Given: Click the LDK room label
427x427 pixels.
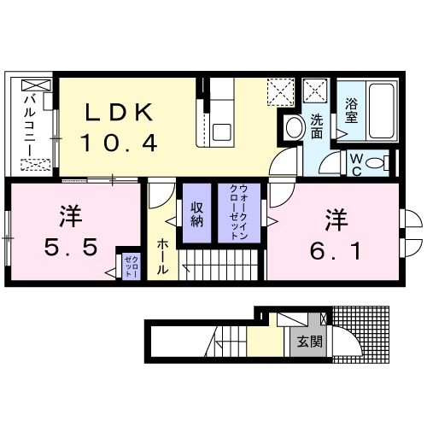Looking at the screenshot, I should [x=119, y=113].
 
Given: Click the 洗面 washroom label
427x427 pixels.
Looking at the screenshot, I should [x=316, y=127].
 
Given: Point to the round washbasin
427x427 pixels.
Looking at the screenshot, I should [x=294, y=129].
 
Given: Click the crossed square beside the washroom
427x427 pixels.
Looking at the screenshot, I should [x=313, y=90].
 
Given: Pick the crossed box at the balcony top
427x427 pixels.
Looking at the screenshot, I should [x=35, y=85].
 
